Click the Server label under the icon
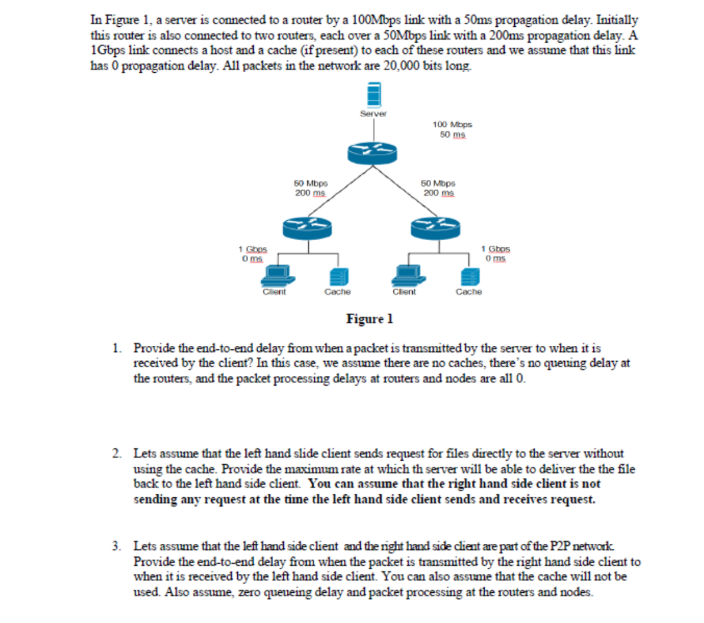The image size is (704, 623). click(374, 113)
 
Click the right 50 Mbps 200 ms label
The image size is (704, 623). click(438, 188)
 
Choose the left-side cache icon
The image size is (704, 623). click(337, 276)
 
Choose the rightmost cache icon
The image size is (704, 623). click(468, 276)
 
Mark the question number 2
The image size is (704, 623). click(118, 454)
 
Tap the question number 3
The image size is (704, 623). click(118, 547)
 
